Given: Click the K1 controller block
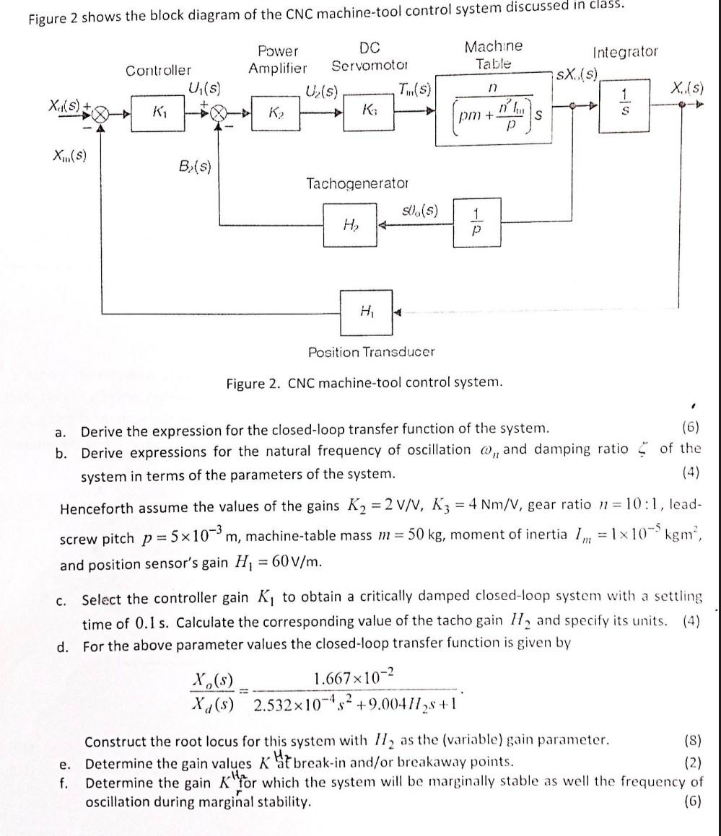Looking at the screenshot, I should click(158, 114).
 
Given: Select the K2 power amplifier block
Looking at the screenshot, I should click(274, 114).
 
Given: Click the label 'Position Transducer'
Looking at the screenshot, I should click(372, 353).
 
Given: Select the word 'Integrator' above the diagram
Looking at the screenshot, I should click(625, 51).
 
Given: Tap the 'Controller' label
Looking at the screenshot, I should click(159, 70).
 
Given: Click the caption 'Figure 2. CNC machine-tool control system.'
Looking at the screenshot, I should click(364, 382).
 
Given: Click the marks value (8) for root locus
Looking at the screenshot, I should click(689, 741).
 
